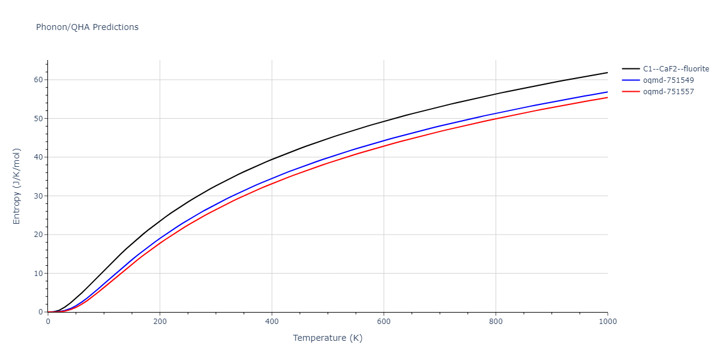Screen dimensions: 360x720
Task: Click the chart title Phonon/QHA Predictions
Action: point(87,27)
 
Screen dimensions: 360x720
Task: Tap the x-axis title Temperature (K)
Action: point(328,338)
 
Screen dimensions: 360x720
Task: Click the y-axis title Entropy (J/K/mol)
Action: point(17,186)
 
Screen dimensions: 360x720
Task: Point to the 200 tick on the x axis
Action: point(160,322)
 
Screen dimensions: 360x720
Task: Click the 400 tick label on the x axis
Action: point(272,322)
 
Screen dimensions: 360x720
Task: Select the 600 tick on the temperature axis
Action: point(384,322)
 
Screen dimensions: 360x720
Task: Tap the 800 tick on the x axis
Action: point(496,322)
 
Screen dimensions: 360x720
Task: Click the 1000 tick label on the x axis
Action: point(608,322)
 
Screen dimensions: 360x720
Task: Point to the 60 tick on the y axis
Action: point(38,80)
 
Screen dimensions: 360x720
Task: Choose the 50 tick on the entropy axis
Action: point(38,119)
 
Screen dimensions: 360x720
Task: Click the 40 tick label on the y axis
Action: point(38,157)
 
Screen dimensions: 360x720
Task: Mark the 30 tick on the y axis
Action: point(38,196)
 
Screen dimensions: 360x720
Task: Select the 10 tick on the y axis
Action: point(38,274)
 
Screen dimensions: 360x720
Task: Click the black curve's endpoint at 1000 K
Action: point(608,73)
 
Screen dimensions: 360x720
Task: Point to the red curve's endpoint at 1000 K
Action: point(608,97)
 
